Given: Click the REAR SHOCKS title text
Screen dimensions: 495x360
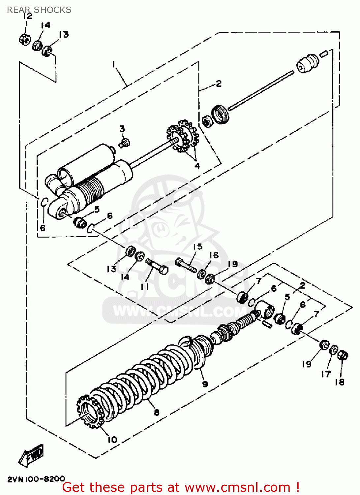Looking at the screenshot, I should click(39, 10).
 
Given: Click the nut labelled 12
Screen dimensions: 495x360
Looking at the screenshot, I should click(24, 39).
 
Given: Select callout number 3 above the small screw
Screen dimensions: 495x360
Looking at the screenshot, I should click(122, 129).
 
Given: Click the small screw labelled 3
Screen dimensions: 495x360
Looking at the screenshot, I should click(125, 143).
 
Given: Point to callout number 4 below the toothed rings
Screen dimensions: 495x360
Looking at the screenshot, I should click(197, 166).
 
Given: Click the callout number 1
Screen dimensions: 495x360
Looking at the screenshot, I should click(113, 64).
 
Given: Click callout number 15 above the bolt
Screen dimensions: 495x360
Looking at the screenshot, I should click(197, 247).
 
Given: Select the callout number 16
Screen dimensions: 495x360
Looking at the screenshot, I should click(214, 255).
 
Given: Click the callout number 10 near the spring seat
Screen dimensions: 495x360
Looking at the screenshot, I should click(112, 440).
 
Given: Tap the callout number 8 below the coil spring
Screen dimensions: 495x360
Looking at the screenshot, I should click(157, 412).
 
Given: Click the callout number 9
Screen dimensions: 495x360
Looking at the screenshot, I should click(205, 384).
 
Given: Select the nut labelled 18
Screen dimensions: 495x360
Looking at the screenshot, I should click(343, 356).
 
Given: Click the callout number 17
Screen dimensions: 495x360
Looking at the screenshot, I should click(325, 374).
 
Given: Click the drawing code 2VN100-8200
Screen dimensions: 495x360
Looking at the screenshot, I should click(36, 479).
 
